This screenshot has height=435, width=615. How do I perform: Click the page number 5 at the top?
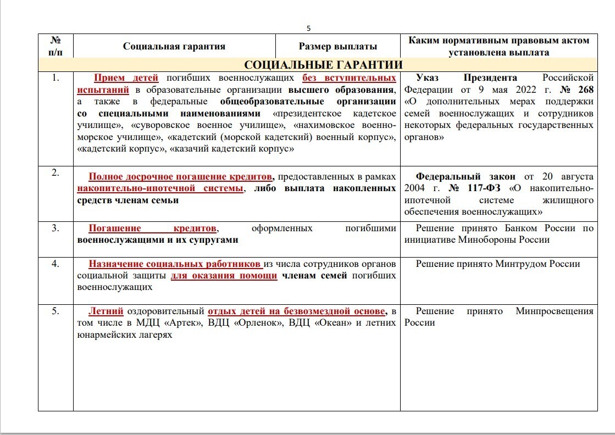pos(308,28)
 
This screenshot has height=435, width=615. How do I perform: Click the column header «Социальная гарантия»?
pos(174,46)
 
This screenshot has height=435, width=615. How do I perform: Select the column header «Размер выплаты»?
pos(338,46)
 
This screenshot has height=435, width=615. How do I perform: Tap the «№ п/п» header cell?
pos(56,46)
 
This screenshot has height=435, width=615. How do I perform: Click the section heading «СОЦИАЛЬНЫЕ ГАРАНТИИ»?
pos(323,65)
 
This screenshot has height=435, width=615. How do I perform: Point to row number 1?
pos(56,77)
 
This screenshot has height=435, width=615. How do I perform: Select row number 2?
pos(56,172)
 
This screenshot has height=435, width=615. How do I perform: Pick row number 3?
pos(56,228)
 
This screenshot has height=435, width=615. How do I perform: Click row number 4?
pos(56,263)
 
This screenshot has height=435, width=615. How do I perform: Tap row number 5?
pos(56,311)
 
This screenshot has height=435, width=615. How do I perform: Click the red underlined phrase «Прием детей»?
pos(126,77)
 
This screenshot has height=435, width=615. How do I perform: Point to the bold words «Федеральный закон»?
pos(466,176)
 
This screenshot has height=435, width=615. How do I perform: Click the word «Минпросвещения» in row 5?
pos(555,311)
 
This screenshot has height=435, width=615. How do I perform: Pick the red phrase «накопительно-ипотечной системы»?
pos(160,188)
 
